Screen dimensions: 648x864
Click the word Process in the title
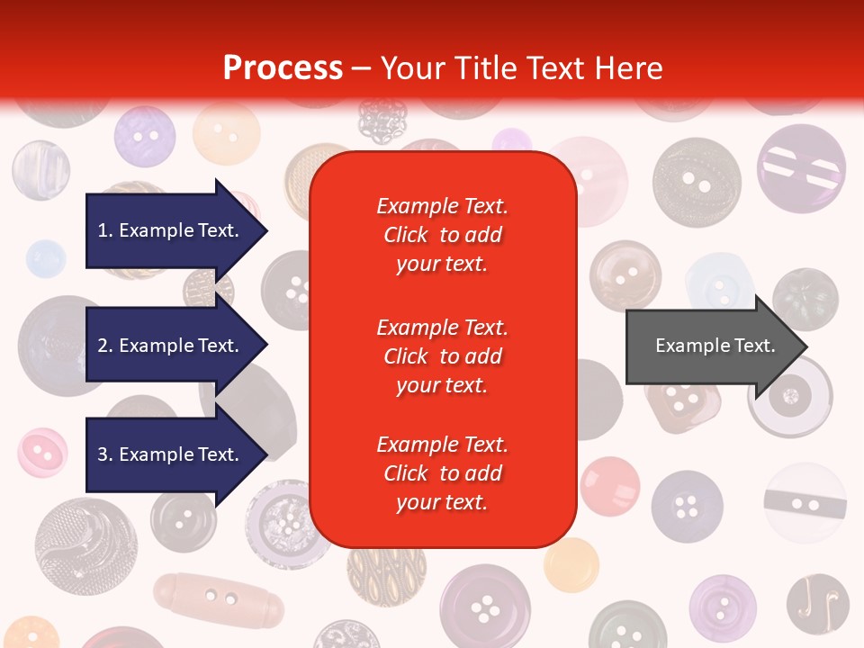(283, 68)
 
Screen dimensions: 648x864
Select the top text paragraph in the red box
(442, 235)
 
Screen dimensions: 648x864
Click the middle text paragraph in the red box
(442, 356)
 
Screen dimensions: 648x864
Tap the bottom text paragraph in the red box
(442, 473)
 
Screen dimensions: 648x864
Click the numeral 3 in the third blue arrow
(103, 454)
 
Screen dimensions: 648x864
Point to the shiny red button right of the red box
(609, 486)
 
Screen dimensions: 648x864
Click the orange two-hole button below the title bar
(226, 135)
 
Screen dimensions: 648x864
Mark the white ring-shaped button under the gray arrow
(790, 396)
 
